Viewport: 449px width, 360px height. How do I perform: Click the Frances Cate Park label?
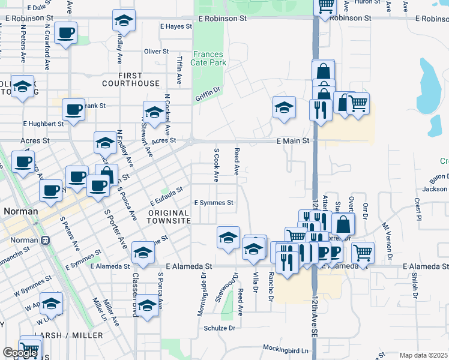pyautogui.click(x=208, y=58)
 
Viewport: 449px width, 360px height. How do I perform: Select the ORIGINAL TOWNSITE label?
pyautogui.click(x=169, y=217)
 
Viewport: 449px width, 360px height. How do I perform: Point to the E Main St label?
pyautogui.click(x=292, y=141)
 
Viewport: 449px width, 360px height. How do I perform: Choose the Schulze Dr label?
pyautogui.click(x=219, y=328)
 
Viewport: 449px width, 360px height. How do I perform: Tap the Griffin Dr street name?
pyautogui.click(x=208, y=94)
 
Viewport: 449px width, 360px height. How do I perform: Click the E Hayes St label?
pyautogui.click(x=176, y=26)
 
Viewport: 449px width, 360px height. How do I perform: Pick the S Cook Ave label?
pyautogui.click(x=216, y=164)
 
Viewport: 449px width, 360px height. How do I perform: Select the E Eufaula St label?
pyautogui.click(x=166, y=196)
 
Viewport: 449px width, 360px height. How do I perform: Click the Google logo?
pyautogui.click(x=20, y=353)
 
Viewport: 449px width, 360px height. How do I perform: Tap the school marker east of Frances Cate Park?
pyautogui.click(x=284, y=108)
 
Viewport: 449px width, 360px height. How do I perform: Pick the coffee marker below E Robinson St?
pyautogui.click(x=66, y=32)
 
